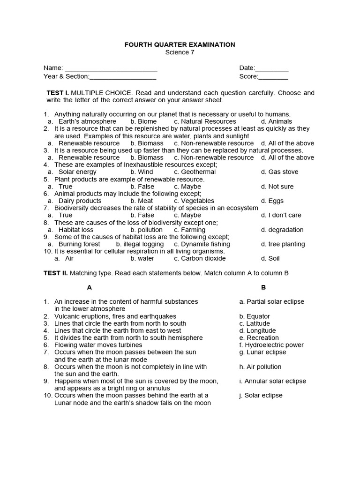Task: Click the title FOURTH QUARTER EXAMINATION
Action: [180, 45]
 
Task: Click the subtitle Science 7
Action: [180, 52]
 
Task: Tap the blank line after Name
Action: [111, 68]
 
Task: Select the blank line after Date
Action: [272, 68]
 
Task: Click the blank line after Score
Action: [273, 76]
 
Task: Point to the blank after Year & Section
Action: [122, 76]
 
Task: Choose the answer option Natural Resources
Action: [205, 121]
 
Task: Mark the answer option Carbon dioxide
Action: [200, 258]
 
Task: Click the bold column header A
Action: [90, 287]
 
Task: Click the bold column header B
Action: [263, 287]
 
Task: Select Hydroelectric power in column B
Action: [271, 345]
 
